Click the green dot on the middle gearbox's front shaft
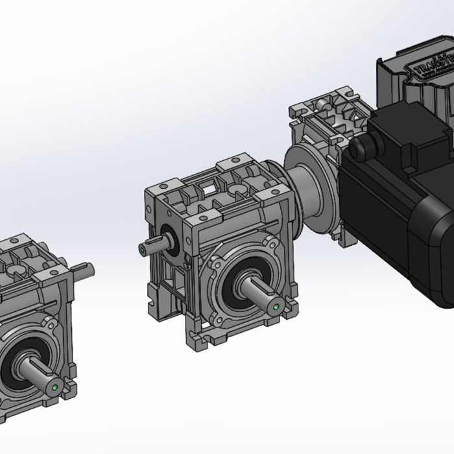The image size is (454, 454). click(277, 307)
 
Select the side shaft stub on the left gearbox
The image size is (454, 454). click(84, 268)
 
